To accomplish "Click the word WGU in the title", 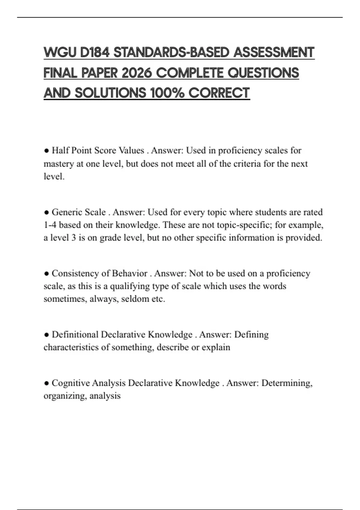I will tap(60, 52).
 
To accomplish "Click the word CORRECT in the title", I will tap(219, 93).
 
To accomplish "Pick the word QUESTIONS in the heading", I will tap(263, 73).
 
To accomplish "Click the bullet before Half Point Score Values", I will tap(46, 151).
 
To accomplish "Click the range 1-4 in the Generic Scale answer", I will tap(50, 225).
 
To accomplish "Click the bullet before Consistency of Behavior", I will tap(46, 274).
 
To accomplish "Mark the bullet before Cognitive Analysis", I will tap(46, 383).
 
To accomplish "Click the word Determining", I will tap(287, 383).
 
